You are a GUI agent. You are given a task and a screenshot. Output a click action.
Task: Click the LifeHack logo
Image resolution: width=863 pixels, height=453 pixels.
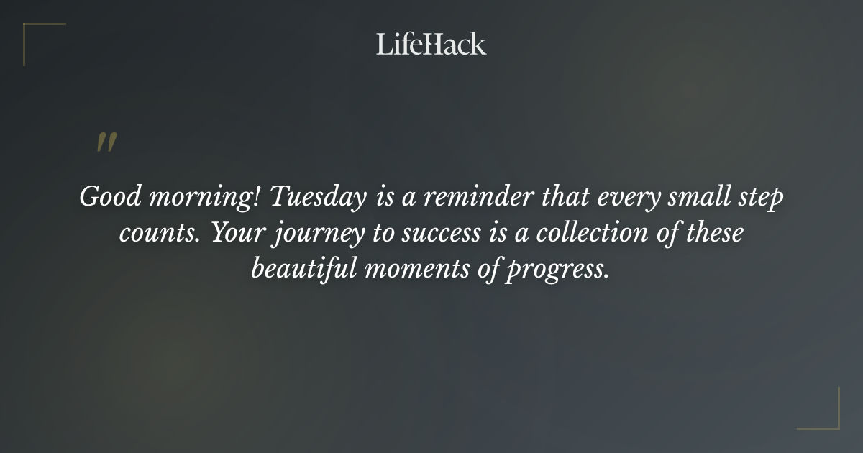tap(431, 44)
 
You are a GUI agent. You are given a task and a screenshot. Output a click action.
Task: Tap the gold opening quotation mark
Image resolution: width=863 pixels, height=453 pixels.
tap(106, 142)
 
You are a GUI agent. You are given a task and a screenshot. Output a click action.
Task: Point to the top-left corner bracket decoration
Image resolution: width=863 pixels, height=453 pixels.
tap(36, 36)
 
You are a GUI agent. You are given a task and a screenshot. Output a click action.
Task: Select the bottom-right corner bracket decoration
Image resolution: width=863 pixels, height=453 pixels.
tap(827, 417)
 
